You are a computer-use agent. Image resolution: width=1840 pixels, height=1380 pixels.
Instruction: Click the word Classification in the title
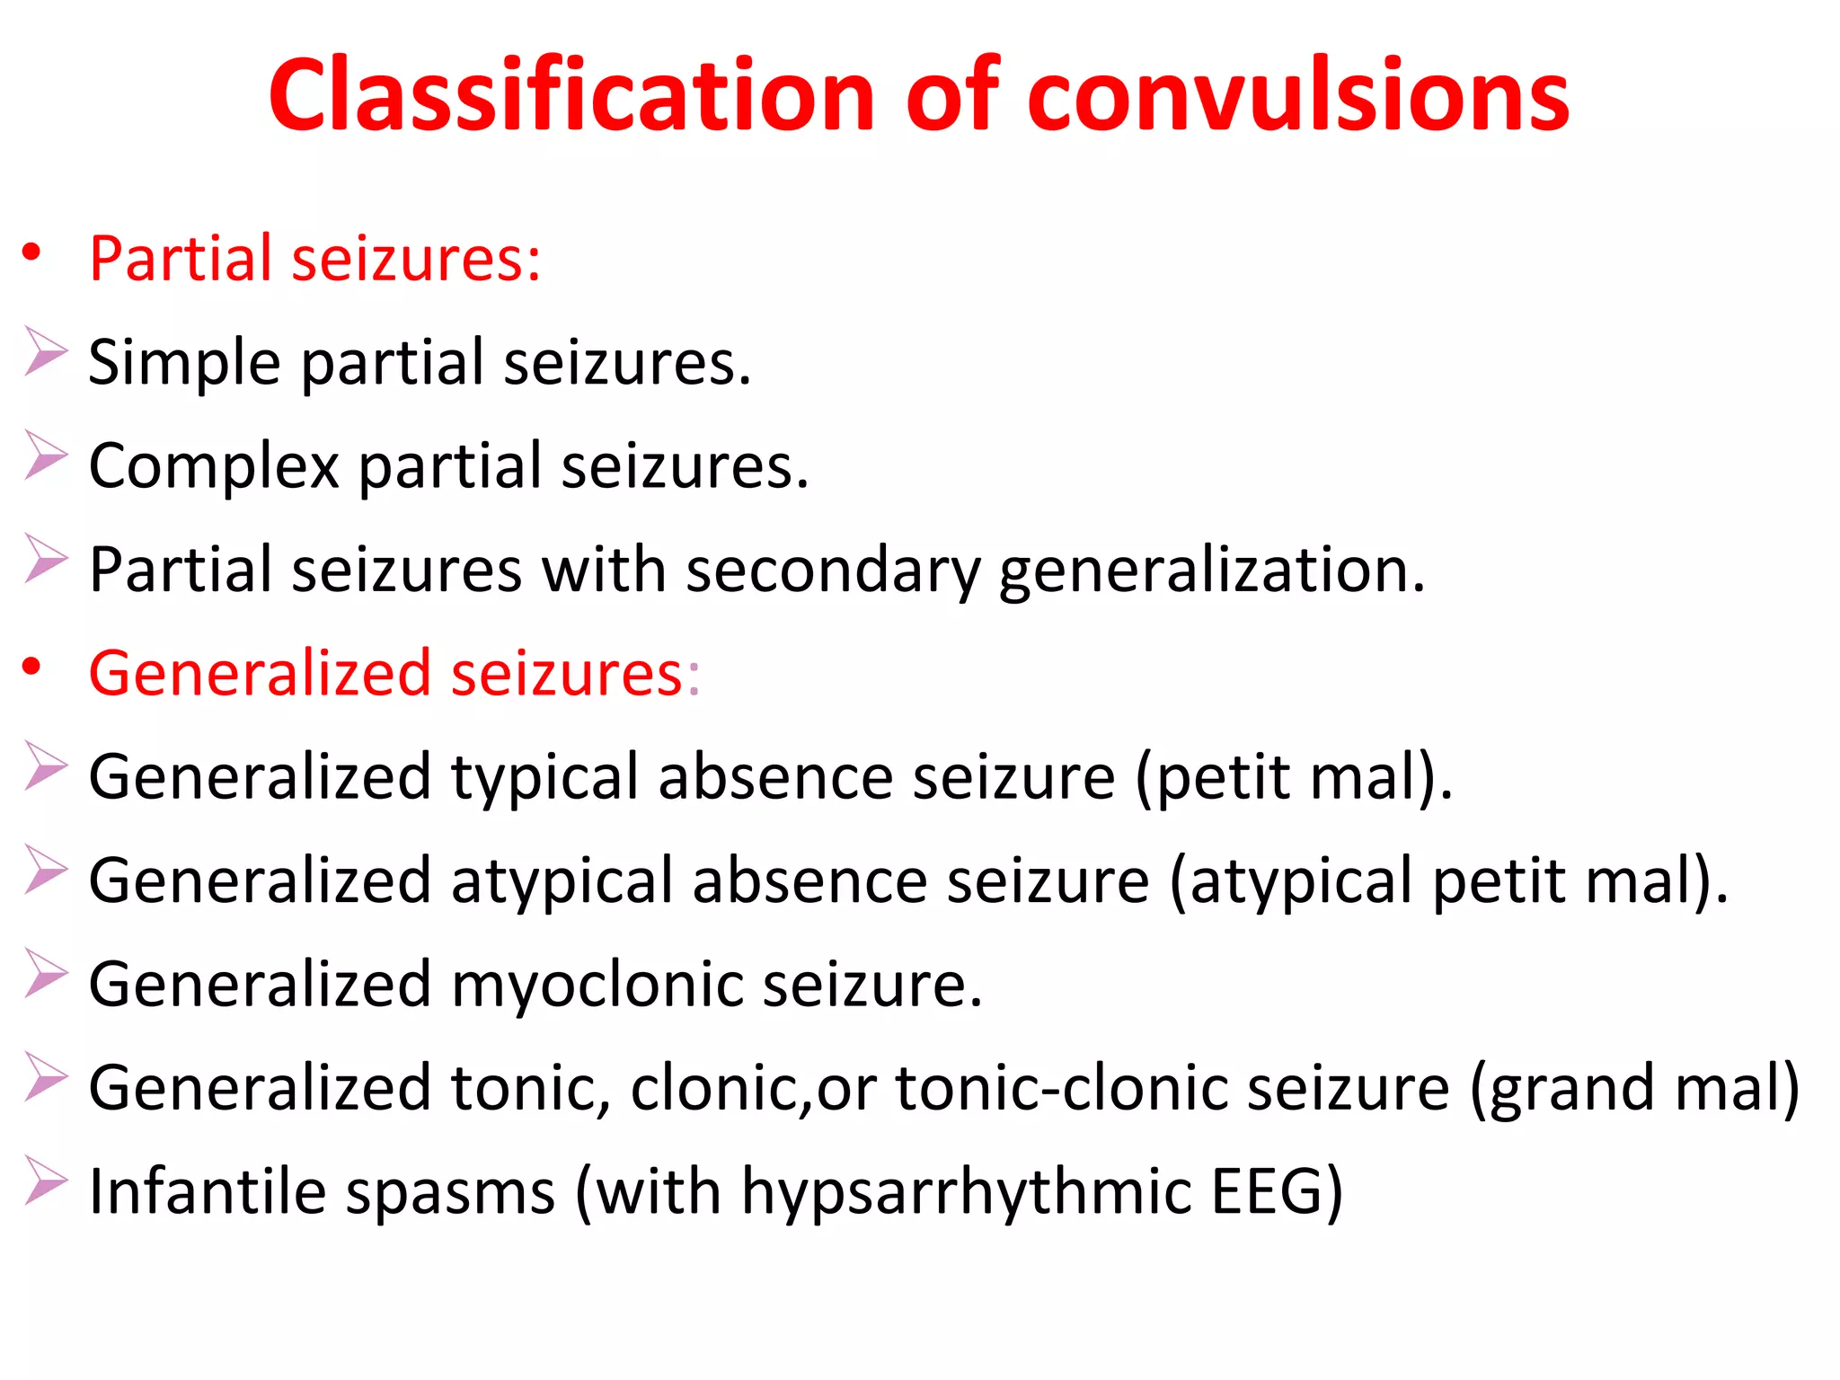571,95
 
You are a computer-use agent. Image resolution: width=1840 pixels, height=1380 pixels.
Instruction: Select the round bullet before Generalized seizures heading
32,667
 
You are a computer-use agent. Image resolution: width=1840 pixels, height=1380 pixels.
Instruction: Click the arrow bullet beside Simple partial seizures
45,351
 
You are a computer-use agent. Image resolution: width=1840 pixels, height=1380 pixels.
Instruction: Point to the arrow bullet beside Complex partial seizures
45,455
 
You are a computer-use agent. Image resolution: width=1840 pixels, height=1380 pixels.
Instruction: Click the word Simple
185,363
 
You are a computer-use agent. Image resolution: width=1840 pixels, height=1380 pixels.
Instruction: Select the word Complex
214,466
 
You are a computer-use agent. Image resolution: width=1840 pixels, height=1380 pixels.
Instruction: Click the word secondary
832,570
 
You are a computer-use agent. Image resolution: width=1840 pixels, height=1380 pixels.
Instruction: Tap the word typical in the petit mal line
544,778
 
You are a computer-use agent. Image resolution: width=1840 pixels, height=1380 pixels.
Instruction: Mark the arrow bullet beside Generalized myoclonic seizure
45,973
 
